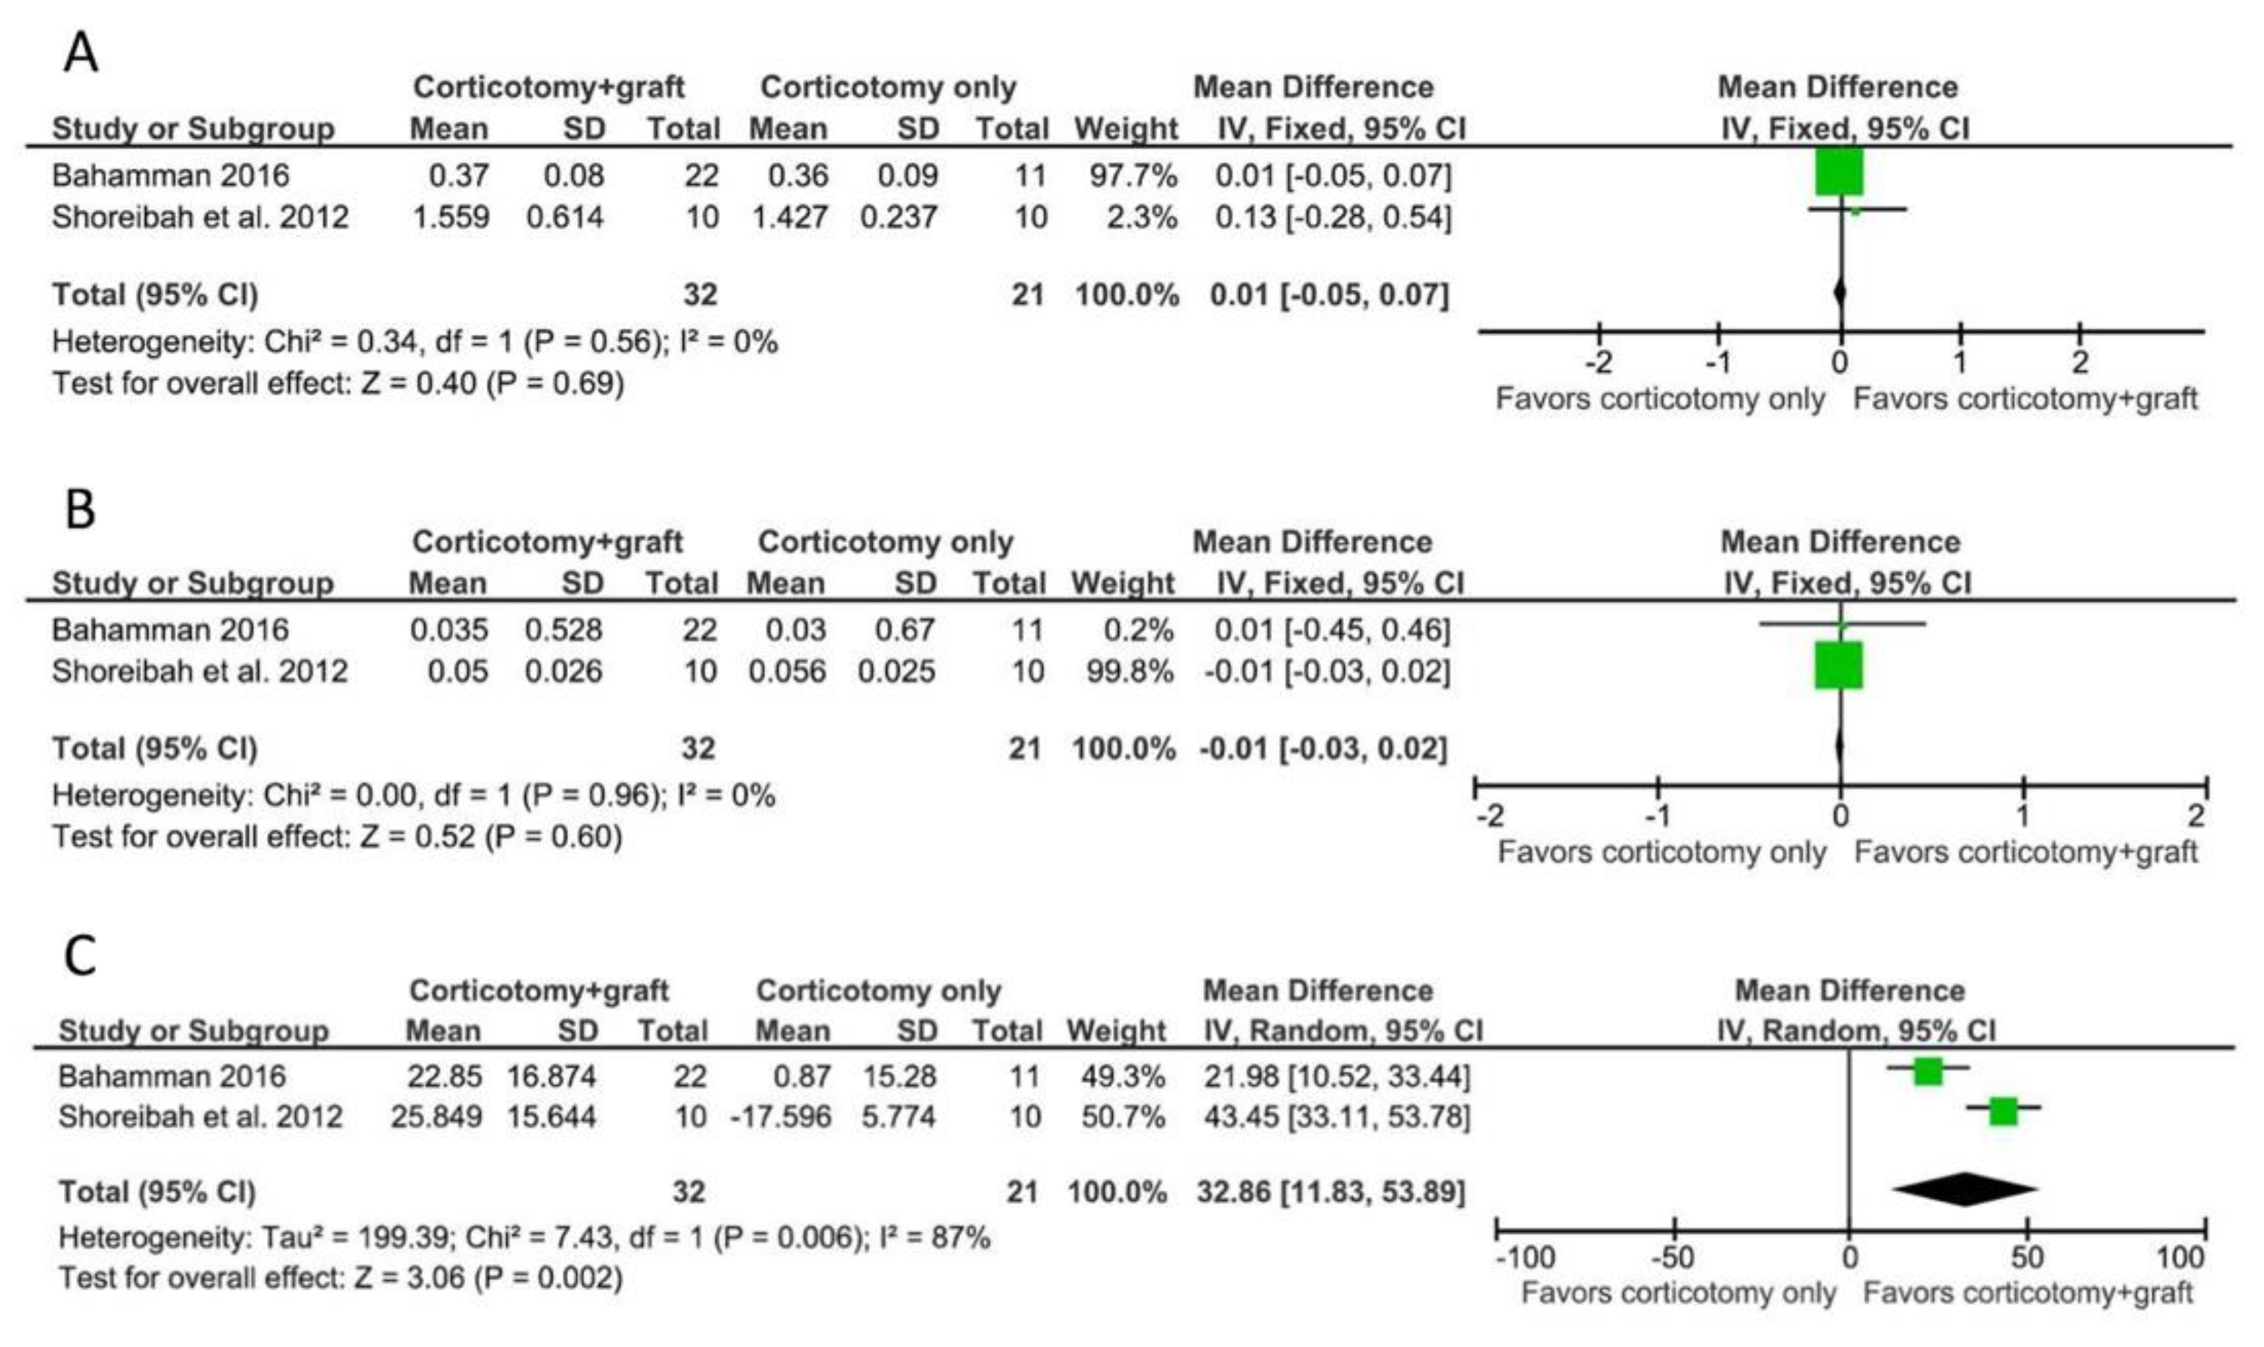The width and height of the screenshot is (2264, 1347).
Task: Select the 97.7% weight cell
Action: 1133,175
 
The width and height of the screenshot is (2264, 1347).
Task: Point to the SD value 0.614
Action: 564,217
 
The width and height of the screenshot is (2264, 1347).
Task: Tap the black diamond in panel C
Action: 1965,1189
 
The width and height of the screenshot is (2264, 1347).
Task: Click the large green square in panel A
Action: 1840,172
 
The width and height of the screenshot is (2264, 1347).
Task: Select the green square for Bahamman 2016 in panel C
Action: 1928,1071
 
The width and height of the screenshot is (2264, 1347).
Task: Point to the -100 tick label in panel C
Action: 1525,1257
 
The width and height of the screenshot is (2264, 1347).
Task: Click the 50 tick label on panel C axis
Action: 2026,1257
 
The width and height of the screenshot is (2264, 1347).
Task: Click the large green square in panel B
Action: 1838,665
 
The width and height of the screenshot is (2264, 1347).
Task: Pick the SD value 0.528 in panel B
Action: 564,629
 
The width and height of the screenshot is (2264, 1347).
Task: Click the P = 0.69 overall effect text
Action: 555,383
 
